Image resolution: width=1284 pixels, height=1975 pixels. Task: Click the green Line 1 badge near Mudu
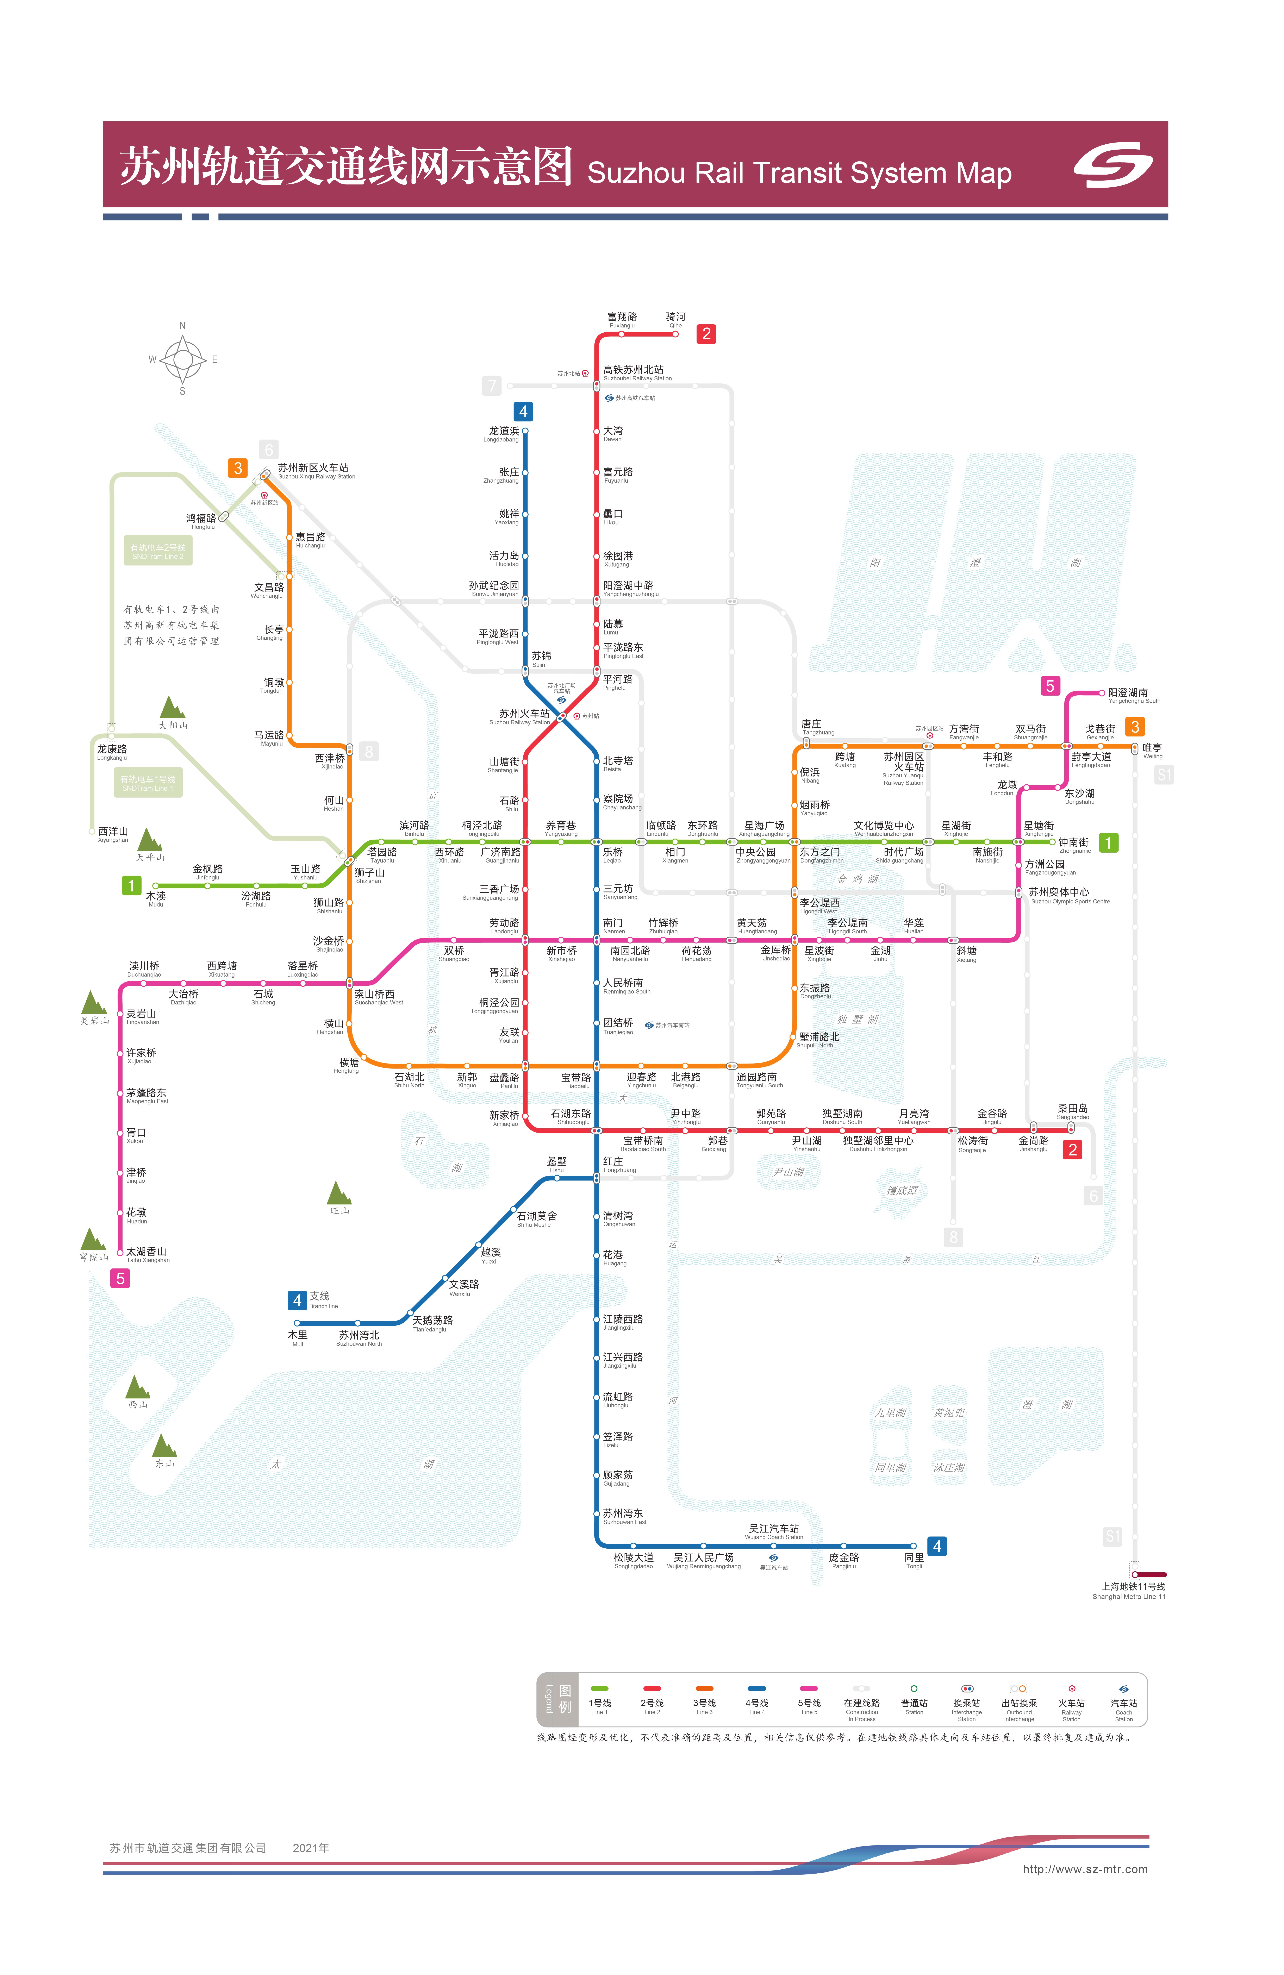tap(131, 885)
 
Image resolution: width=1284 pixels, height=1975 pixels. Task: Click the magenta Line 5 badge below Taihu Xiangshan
tap(120, 1278)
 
